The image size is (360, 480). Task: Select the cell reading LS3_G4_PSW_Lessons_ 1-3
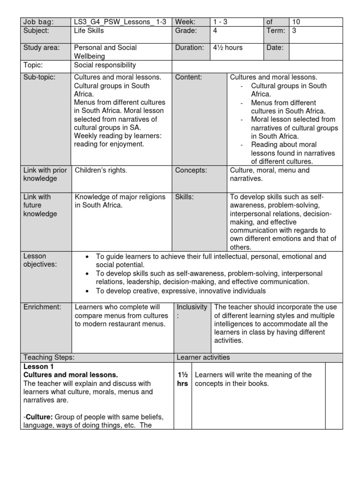[x=120, y=22]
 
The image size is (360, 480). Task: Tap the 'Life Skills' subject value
[x=89, y=31]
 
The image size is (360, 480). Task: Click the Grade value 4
[x=215, y=31]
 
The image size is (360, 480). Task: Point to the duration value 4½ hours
[x=228, y=48]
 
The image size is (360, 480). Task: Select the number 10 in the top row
[x=296, y=22]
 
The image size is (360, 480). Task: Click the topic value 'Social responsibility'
[x=105, y=66]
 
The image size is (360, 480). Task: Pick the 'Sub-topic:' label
[x=39, y=77]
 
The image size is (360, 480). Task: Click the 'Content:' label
[x=188, y=77]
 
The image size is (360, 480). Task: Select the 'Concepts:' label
[x=191, y=170]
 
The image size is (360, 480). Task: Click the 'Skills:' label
[x=185, y=197]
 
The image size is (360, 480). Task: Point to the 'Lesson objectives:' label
[x=40, y=261]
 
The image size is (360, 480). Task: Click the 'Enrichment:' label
[x=42, y=307]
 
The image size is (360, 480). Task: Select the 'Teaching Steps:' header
[x=49, y=357]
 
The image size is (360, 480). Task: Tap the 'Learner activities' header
[x=203, y=357]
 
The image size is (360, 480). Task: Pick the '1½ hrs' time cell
[x=182, y=379]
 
